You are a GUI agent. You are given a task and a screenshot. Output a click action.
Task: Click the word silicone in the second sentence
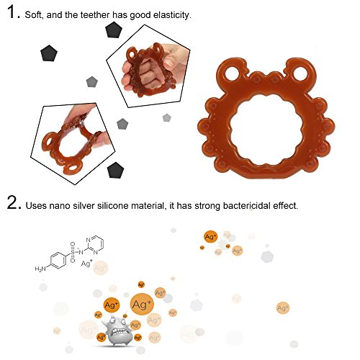[112, 206]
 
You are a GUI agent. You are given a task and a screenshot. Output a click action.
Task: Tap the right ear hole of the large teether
[300, 73]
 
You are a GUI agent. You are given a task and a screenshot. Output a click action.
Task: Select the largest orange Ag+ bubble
[142, 305]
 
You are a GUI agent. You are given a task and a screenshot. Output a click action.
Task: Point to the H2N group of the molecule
[40, 269]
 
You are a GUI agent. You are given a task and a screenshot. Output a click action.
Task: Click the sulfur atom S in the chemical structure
[73, 252]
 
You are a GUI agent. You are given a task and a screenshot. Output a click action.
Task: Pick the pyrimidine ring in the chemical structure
[95, 246]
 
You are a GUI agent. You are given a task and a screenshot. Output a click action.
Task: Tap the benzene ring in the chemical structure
[58, 260]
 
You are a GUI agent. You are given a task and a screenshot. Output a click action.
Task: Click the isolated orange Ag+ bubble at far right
[283, 308]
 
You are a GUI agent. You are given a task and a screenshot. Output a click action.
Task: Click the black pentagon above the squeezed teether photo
[113, 30]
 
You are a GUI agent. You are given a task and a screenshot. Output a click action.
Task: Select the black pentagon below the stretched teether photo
[116, 170]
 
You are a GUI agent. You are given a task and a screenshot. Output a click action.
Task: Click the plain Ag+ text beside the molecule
[87, 264]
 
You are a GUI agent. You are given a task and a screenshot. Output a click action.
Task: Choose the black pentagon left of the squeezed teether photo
[49, 53]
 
